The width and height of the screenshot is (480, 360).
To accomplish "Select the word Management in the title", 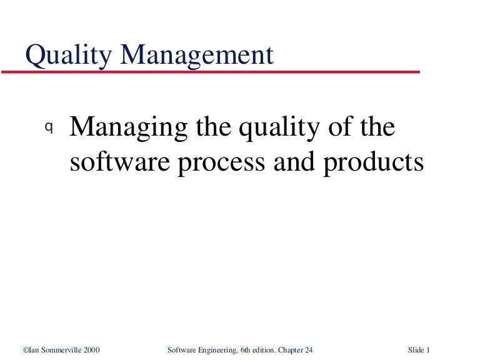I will pos(197,56).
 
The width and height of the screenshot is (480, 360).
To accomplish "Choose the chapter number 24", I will pos(309,349).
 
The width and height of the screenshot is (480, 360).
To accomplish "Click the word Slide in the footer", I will pos(416,349).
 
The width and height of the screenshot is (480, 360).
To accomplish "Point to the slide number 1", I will pos(428,349).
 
